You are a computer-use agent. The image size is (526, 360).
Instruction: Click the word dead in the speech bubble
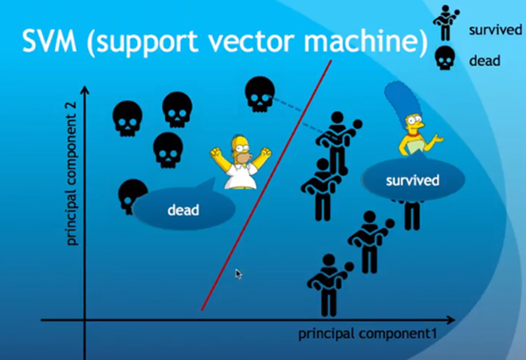tap(183, 210)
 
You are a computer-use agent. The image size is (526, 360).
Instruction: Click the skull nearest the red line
tap(259, 95)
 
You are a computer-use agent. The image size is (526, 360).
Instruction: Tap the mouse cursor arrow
tap(238, 272)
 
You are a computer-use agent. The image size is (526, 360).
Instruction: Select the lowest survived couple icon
tap(328, 282)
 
